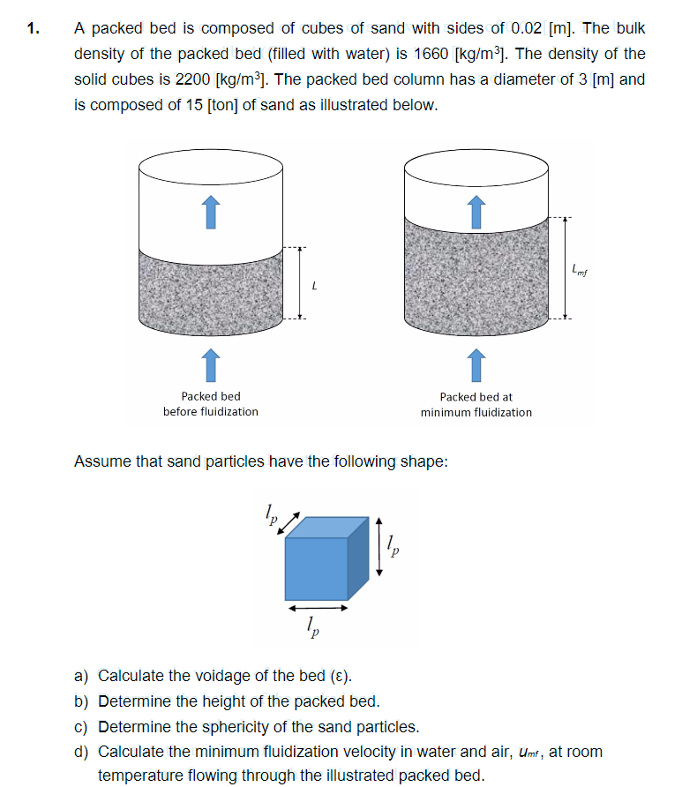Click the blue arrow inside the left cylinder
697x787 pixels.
pyautogui.click(x=210, y=211)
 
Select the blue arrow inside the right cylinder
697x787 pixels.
pyautogui.click(x=476, y=211)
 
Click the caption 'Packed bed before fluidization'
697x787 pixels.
pyautogui.click(x=210, y=404)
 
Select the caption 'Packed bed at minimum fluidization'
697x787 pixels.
pyautogui.click(x=476, y=404)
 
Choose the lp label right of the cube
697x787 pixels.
pyautogui.click(x=394, y=551)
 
